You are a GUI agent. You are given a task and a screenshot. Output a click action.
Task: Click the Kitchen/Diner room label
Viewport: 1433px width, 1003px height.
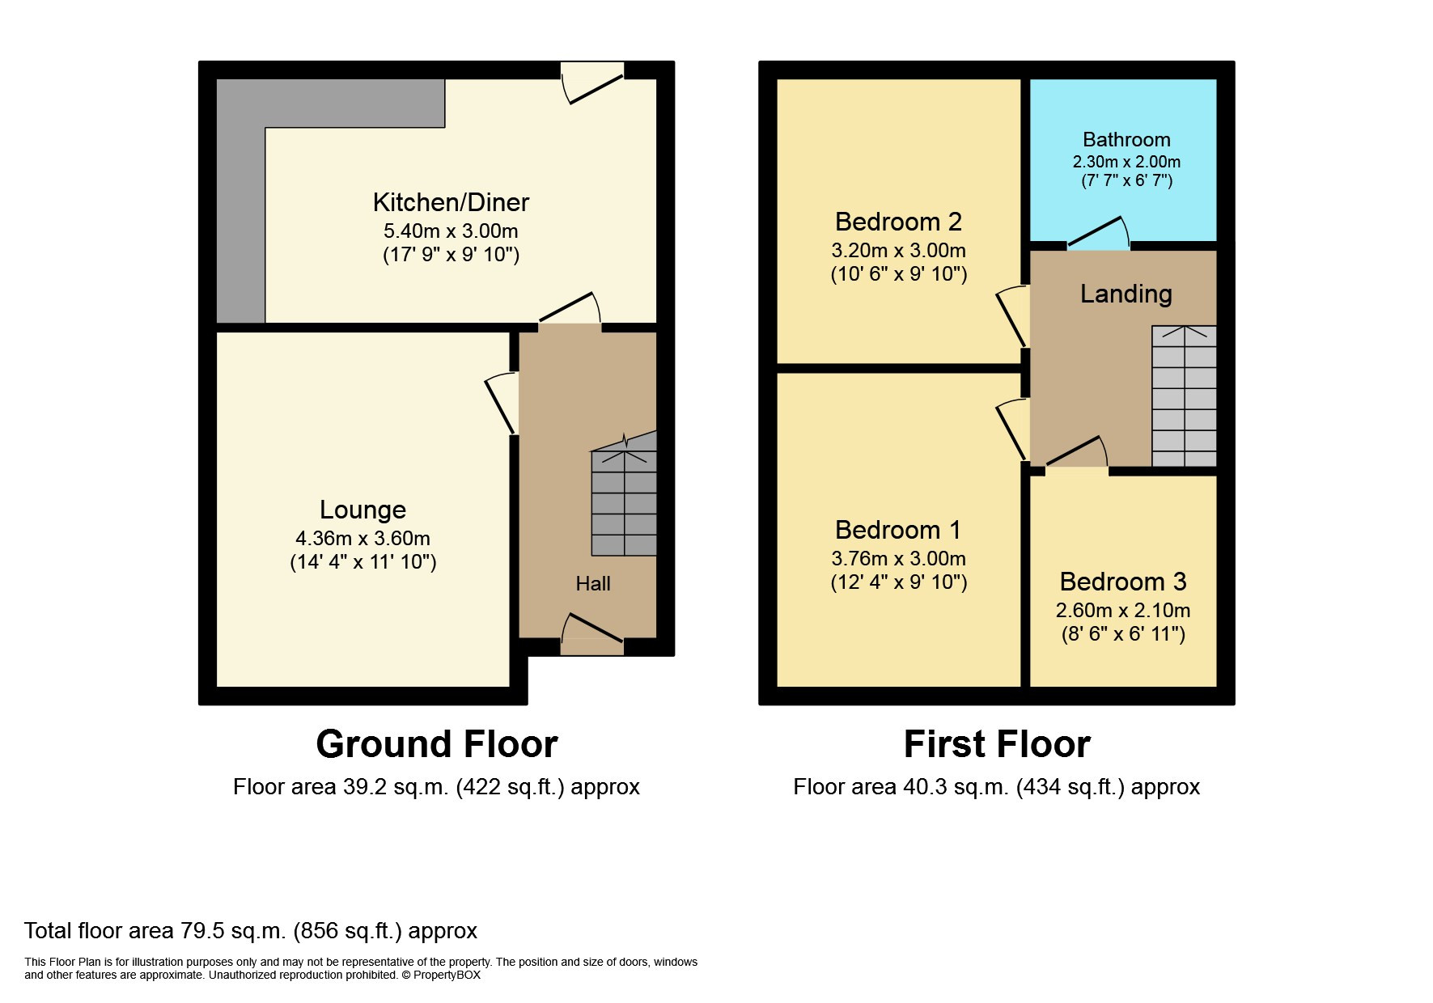click(x=451, y=202)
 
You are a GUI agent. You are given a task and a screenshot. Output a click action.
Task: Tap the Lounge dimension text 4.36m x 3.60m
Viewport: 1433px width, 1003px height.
click(x=362, y=538)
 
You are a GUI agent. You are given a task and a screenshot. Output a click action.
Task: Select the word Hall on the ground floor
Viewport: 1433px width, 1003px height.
click(x=593, y=584)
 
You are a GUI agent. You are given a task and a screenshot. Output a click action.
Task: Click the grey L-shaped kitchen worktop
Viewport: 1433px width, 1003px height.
click(x=241, y=202)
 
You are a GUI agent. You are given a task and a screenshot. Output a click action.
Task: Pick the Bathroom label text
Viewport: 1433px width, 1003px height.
click(x=1126, y=140)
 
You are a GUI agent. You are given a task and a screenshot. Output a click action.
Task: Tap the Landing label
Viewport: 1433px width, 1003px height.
click(x=1126, y=294)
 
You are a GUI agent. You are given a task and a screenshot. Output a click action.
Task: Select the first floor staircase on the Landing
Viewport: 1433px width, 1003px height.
click(x=1184, y=396)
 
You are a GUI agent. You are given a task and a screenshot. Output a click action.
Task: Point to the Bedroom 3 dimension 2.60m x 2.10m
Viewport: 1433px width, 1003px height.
click(x=1122, y=611)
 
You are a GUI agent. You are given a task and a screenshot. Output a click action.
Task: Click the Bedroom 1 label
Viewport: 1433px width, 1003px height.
click(x=898, y=530)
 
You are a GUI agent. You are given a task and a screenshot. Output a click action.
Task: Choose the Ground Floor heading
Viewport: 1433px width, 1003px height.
click(x=436, y=744)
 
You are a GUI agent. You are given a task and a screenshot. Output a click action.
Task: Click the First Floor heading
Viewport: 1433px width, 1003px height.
click(x=996, y=744)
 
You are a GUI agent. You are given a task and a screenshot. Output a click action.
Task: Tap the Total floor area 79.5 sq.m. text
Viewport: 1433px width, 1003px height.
click(x=251, y=931)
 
